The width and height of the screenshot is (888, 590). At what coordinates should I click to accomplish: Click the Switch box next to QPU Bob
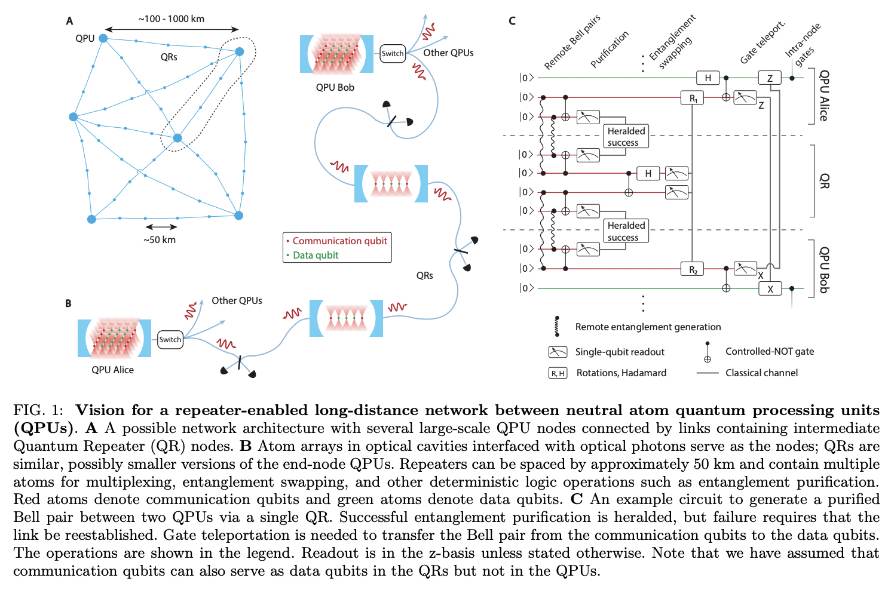[393, 53]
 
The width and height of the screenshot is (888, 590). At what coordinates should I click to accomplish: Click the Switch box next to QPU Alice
[170, 339]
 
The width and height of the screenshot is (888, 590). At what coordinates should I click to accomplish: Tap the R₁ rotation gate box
[693, 97]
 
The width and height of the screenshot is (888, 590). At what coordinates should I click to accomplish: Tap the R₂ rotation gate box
[693, 269]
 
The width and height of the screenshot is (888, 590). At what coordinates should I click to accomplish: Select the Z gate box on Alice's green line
[770, 78]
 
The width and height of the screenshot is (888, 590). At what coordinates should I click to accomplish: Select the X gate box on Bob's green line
[770, 288]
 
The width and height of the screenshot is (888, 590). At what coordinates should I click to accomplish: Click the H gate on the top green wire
[708, 78]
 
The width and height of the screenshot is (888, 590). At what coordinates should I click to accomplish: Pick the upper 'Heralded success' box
[626, 137]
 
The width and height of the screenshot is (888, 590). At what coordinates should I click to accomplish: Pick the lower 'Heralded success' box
[626, 231]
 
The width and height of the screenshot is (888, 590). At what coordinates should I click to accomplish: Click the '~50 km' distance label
[160, 239]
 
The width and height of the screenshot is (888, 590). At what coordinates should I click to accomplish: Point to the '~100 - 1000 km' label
[172, 19]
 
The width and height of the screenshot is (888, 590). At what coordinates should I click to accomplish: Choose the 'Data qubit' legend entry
[316, 255]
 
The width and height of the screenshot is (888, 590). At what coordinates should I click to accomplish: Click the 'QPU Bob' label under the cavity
[335, 87]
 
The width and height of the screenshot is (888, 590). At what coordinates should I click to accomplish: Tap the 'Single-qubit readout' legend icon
[558, 352]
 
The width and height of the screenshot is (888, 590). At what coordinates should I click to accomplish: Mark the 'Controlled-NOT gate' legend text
[770, 351]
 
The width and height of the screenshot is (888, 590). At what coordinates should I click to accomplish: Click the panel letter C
[512, 21]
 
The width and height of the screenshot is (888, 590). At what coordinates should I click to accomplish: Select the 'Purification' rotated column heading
[610, 49]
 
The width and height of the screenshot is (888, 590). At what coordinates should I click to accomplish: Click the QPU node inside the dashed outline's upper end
[240, 51]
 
